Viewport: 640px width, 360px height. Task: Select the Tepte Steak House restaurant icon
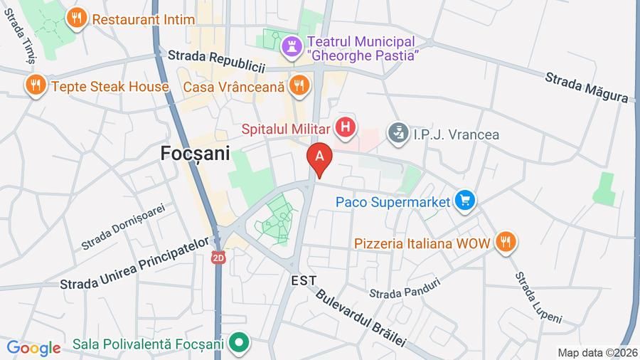click(34, 87)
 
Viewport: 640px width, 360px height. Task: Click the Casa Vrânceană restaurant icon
click(299, 86)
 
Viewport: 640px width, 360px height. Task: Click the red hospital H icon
click(346, 128)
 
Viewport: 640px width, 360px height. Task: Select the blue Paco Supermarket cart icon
click(465, 202)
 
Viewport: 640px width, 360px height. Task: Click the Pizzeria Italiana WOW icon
click(505, 243)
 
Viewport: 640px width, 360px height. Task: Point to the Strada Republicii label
click(216, 60)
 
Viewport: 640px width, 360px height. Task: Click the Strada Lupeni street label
click(538, 296)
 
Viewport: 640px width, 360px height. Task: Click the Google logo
click(33, 349)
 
